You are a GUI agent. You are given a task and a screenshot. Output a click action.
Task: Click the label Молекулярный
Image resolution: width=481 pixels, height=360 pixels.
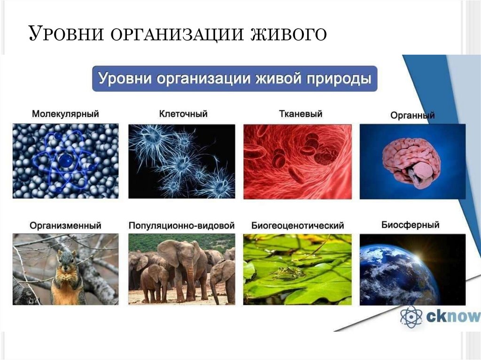[65, 114]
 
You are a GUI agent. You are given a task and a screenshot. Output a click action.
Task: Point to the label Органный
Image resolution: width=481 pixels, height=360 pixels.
[412, 115]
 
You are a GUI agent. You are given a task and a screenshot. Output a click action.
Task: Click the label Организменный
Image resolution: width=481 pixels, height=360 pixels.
[65, 225]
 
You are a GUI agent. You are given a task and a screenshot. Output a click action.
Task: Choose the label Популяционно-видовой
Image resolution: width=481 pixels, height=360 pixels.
[182, 225]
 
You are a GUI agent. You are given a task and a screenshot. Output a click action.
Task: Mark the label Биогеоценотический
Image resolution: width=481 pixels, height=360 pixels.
[297, 225]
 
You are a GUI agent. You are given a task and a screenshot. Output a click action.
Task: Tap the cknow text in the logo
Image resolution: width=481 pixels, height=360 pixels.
[452, 317]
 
